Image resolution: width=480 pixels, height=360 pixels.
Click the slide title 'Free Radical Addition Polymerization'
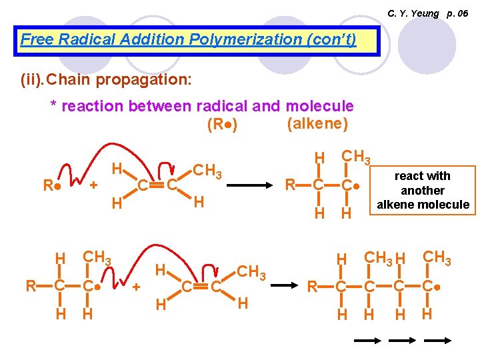click(x=189, y=39)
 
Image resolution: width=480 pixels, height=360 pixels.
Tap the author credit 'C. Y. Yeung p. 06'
click(x=427, y=13)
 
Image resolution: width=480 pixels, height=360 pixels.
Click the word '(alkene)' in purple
click(x=317, y=123)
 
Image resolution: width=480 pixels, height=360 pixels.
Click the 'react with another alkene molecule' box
click(x=422, y=190)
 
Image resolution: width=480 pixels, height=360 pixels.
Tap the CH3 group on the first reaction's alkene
click(x=208, y=171)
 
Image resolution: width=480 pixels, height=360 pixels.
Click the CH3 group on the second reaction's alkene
click(x=252, y=272)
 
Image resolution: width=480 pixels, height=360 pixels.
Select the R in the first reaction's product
click(x=291, y=183)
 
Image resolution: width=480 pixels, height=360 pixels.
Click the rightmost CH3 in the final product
click(x=437, y=257)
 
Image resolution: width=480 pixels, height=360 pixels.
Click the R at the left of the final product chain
click(x=312, y=287)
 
